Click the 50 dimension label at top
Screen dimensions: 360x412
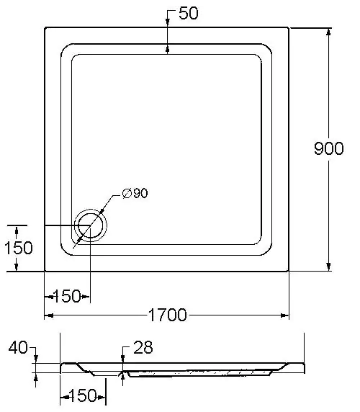point(188,13)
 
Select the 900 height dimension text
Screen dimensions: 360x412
point(329,148)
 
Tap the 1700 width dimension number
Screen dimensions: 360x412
point(168,315)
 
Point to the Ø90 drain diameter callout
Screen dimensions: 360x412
point(135,193)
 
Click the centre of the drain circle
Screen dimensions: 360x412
point(91,225)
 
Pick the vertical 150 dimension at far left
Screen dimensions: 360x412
point(19,248)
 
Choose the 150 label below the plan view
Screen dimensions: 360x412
point(67,296)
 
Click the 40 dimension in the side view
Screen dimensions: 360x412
point(18,347)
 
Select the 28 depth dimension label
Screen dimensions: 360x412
point(143,347)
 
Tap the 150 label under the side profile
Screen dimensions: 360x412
point(83,395)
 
